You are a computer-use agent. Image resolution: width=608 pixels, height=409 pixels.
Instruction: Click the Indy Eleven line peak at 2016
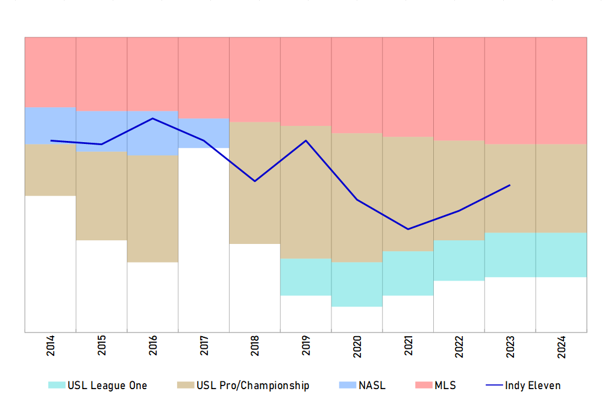coord(153,118)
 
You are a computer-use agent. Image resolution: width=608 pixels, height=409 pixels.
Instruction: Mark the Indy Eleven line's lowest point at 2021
coord(408,229)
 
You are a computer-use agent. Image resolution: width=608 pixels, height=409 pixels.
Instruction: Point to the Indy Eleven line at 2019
coord(306,140)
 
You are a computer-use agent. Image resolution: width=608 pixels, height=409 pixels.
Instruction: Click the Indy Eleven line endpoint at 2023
coord(510,185)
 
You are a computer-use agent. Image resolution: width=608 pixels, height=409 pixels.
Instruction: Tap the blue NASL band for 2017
coord(204,133)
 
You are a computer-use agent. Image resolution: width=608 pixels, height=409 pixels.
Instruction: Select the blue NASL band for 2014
coord(51,125)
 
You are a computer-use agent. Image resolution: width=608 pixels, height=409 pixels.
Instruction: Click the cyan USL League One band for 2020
coord(357,284)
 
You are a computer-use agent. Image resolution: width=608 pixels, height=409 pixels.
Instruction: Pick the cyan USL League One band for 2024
coord(561,255)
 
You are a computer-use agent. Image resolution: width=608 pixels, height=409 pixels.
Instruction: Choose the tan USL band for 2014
coord(51,170)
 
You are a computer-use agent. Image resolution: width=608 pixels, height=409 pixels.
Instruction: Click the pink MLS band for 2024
coord(561,90)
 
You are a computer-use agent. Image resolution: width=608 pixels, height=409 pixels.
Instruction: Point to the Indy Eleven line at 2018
coord(255,181)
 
